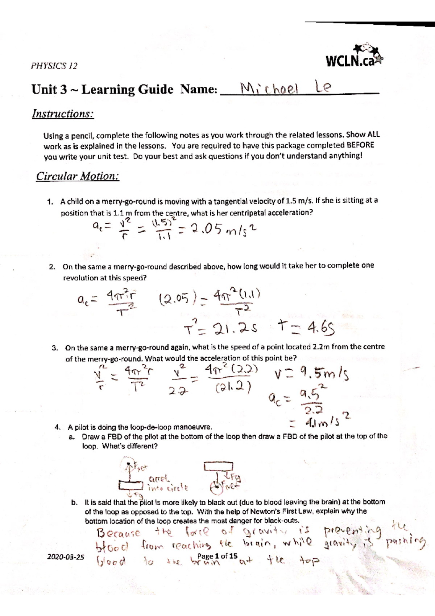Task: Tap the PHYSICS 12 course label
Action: pyautogui.click(x=54, y=66)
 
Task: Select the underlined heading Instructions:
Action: pyautogui.click(x=63, y=114)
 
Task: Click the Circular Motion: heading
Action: pyautogui.click(x=77, y=176)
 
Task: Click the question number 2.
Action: pyautogui.click(x=52, y=267)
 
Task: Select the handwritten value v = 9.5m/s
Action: pyautogui.click(x=310, y=373)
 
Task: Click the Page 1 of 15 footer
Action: pyautogui.click(x=217, y=556)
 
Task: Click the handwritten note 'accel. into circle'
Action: pyautogui.click(x=167, y=484)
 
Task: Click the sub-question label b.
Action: pyautogui.click(x=74, y=503)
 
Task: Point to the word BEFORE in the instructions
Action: pyautogui.click(x=360, y=145)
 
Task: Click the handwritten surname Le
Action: pyautogui.click(x=323, y=87)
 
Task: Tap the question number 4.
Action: pyautogui.click(x=57, y=427)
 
